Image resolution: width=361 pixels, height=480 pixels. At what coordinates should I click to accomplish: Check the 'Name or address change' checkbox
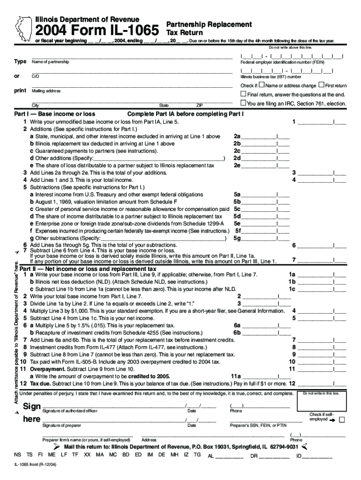[x=262, y=85]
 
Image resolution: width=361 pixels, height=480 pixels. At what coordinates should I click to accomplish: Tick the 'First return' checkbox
[x=321, y=85]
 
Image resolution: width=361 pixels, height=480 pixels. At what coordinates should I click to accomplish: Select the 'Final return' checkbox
[x=243, y=94]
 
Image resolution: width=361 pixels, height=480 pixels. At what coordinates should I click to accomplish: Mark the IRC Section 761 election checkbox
[x=243, y=103]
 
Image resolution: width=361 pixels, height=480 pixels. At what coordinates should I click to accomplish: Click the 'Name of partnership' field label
[x=50, y=62]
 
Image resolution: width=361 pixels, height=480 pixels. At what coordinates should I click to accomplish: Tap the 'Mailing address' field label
[x=46, y=90]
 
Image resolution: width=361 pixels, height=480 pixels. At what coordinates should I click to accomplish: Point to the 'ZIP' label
[x=199, y=105]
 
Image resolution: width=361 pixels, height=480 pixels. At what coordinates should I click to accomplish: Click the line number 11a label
[x=235, y=376]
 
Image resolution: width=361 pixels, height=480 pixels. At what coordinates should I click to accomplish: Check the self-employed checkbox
[x=341, y=420]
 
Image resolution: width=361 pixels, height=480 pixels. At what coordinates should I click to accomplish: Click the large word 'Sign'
[x=32, y=406]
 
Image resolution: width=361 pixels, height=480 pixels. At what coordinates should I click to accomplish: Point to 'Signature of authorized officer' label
[x=70, y=411]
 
